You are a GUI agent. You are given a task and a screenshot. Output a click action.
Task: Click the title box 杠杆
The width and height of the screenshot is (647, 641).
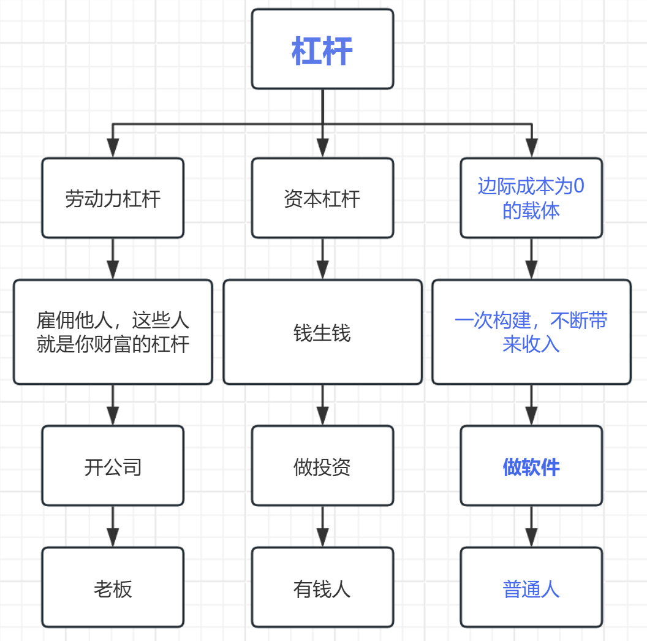[x=322, y=49]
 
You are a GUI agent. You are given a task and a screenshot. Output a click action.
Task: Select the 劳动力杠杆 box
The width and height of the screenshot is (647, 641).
[x=113, y=198]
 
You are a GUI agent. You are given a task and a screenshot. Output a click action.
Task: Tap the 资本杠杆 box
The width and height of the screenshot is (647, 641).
[x=322, y=198]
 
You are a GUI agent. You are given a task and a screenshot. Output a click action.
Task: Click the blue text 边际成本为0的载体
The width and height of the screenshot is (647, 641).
[x=531, y=198]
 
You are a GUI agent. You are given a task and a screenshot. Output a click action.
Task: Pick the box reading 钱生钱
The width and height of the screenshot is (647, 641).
[x=322, y=332]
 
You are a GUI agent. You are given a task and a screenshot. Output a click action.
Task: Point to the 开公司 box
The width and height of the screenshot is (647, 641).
[x=113, y=466]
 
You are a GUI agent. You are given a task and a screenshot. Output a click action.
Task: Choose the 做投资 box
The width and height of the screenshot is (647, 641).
[x=322, y=466]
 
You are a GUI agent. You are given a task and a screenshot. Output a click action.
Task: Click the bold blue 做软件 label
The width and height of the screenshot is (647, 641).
[x=531, y=467]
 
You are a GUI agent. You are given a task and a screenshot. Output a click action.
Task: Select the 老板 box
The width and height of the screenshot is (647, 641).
[x=113, y=588]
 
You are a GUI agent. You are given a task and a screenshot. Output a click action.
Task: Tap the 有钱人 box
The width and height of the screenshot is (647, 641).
[x=322, y=588]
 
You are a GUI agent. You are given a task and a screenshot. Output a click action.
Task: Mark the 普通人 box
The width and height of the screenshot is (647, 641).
[x=531, y=588]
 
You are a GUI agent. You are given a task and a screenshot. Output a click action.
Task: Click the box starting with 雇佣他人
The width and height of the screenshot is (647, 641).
[x=113, y=332]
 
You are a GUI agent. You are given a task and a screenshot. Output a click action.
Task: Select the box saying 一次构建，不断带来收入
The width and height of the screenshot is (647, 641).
[x=531, y=332]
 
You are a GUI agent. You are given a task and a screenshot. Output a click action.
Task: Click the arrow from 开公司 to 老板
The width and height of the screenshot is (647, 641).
[x=113, y=526]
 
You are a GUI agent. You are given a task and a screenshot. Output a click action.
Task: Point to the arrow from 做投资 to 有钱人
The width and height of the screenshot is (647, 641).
[x=322, y=526]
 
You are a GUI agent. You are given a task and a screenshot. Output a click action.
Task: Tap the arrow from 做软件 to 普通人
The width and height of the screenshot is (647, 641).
[x=531, y=526]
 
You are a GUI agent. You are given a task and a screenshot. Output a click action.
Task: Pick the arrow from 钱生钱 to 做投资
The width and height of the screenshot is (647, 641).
[x=322, y=404]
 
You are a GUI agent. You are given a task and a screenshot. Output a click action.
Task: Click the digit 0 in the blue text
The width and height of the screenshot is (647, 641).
[x=578, y=186]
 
